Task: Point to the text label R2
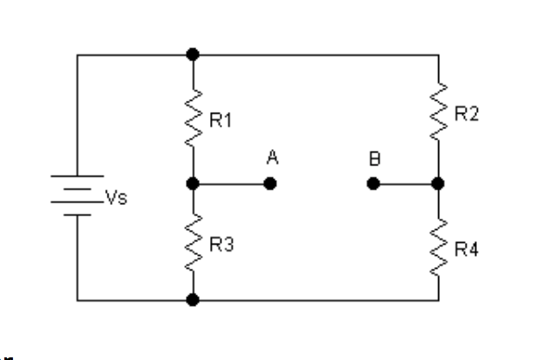[466, 116]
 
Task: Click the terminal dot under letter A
[270, 183]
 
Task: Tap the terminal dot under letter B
[373, 183]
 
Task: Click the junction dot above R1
[193, 54]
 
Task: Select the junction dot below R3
[193, 301]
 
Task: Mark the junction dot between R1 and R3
[193, 183]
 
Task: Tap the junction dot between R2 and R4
[438, 183]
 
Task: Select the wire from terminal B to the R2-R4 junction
[405, 183]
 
